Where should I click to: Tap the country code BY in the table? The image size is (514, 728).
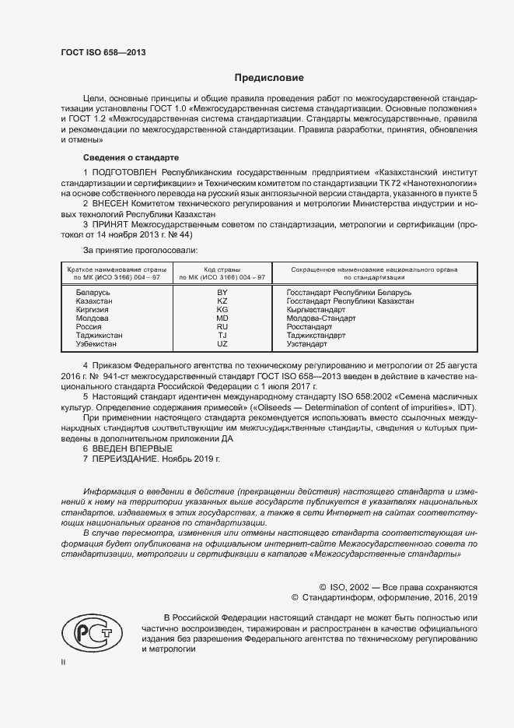[222, 292]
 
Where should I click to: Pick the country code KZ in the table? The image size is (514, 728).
[222, 301]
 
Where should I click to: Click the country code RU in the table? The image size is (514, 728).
[222, 326]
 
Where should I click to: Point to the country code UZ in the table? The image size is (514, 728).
[222, 343]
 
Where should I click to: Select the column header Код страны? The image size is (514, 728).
[222, 268]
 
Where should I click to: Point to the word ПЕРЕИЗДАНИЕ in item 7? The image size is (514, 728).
[126, 459]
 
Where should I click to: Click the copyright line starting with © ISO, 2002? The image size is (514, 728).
[398, 587]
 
